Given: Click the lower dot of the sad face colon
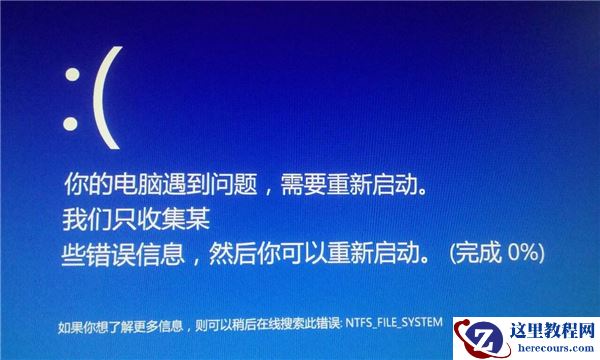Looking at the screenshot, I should click(x=70, y=124).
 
